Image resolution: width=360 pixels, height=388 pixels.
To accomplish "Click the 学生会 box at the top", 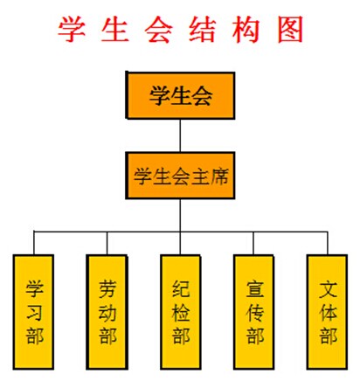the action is [x=180, y=95].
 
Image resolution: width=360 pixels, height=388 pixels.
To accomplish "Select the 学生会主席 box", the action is [x=180, y=176].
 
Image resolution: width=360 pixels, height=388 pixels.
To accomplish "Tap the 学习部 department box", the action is [x=33, y=312].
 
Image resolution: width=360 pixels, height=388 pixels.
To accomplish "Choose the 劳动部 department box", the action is [x=107, y=312].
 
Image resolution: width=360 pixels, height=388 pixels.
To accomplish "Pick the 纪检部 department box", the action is [x=181, y=312].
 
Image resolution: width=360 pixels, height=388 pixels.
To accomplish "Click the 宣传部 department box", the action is [x=254, y=312].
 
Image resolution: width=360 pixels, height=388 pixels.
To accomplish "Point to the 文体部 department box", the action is [x=328, y=312].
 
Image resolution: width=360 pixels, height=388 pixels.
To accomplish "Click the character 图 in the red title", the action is [x=290, y=30].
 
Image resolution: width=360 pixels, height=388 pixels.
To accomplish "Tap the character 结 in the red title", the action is [x=203, y=30].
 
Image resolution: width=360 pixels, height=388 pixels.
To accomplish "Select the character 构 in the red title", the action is [x=246, y=30].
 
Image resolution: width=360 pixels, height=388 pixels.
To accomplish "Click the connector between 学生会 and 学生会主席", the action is [x=180, y=135].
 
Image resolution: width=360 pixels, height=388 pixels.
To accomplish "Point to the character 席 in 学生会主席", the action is [x=219, y=176].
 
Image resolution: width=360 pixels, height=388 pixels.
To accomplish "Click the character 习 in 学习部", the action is [x=34, y=313].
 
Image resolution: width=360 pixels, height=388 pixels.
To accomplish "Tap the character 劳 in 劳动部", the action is [x=107, y=289].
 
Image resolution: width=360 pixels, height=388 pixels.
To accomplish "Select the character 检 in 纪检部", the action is [x=181, y=313].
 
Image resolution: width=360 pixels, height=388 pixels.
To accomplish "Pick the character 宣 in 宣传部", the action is [x=254, y=289].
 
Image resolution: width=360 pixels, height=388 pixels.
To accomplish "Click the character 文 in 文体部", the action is [x=328, y=289].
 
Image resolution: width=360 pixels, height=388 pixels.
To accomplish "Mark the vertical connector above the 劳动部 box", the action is [x=107, y=243].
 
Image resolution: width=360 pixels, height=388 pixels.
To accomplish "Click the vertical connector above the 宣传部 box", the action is [x=253, y=243].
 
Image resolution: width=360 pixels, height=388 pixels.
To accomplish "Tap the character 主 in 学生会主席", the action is [x=200, y=176].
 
